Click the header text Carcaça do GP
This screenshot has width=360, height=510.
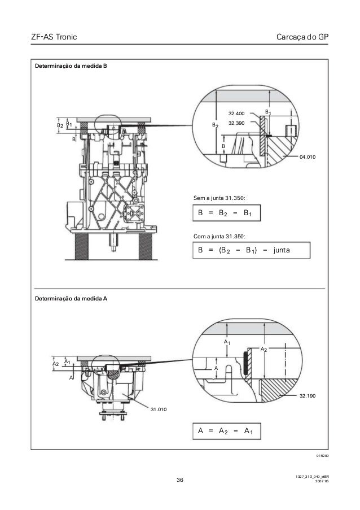coord(303,37)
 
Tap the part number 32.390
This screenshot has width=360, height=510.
coord(236,123)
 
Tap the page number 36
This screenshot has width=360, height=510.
coord(180,480)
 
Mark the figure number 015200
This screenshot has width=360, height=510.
coord(322,455)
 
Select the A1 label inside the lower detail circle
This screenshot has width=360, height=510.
coord(226,343)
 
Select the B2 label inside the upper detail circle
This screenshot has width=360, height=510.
coord(214,125)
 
